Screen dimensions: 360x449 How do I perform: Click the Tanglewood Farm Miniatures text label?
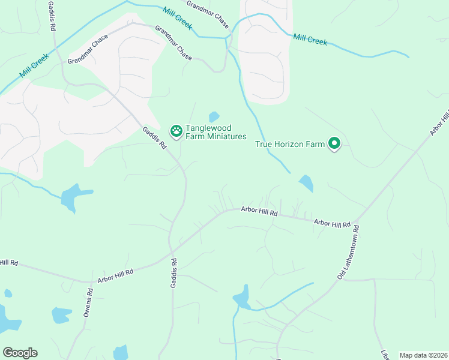[216, 132]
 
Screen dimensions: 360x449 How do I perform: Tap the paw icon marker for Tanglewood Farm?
[176, 130]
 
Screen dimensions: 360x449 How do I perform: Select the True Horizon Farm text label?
[290, 144]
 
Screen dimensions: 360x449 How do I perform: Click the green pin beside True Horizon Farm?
[334, 143]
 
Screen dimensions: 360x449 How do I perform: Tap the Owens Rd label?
[88, 304]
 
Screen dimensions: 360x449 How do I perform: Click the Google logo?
[20, 352]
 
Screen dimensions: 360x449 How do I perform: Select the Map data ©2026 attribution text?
[423, 355]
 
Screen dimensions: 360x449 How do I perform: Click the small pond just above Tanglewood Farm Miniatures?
[214, 116]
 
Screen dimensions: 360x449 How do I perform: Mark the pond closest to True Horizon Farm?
[306, 182]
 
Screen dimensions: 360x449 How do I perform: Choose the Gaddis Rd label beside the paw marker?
[154, 138]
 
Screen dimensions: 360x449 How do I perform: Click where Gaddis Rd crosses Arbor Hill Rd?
[172, 252]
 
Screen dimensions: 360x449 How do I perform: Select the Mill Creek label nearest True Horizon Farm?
[310, 40]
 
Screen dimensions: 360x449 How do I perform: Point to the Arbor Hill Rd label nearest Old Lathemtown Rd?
[332, 223]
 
